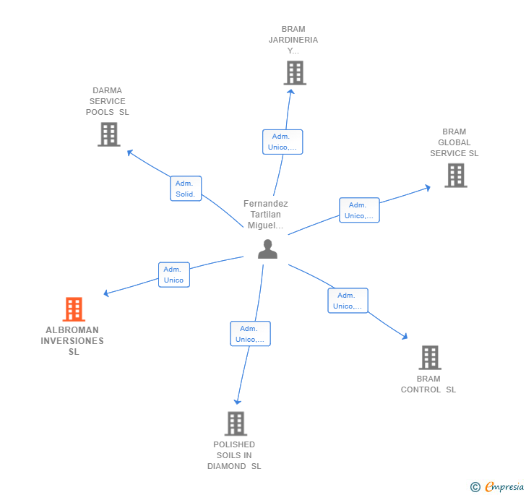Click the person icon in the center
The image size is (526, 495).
tap(267, 249)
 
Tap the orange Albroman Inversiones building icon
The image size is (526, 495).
tap(74, 309)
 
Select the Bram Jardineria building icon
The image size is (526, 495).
tap(294, 73)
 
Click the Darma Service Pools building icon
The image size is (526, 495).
tap(108, 134)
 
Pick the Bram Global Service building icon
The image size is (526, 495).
tap(455, 176)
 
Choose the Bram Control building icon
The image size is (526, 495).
tap(430, 357)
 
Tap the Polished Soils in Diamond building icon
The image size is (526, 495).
tap(236, 423)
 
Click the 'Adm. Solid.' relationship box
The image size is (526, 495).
tap(186, 189)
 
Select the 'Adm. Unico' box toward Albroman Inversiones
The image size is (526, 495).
tap(173, 275)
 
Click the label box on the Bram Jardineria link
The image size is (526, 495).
tap(282, 142)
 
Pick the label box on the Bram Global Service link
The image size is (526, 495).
tap(359, 210)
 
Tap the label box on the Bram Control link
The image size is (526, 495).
tap(348, 301)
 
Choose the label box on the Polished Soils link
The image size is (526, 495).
tap(250, 334)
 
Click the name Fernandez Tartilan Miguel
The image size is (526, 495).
tap(266, 215)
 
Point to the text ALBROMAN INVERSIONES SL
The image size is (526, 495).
tap(73, 341)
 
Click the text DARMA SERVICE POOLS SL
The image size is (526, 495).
tap(108, 101)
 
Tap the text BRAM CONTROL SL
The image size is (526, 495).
tap(428, 384)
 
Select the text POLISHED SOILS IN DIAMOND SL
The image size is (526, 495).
tap(234, 455)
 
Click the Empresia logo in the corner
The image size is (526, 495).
tap(497, 487)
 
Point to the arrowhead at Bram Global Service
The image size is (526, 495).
tap(428, 187)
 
